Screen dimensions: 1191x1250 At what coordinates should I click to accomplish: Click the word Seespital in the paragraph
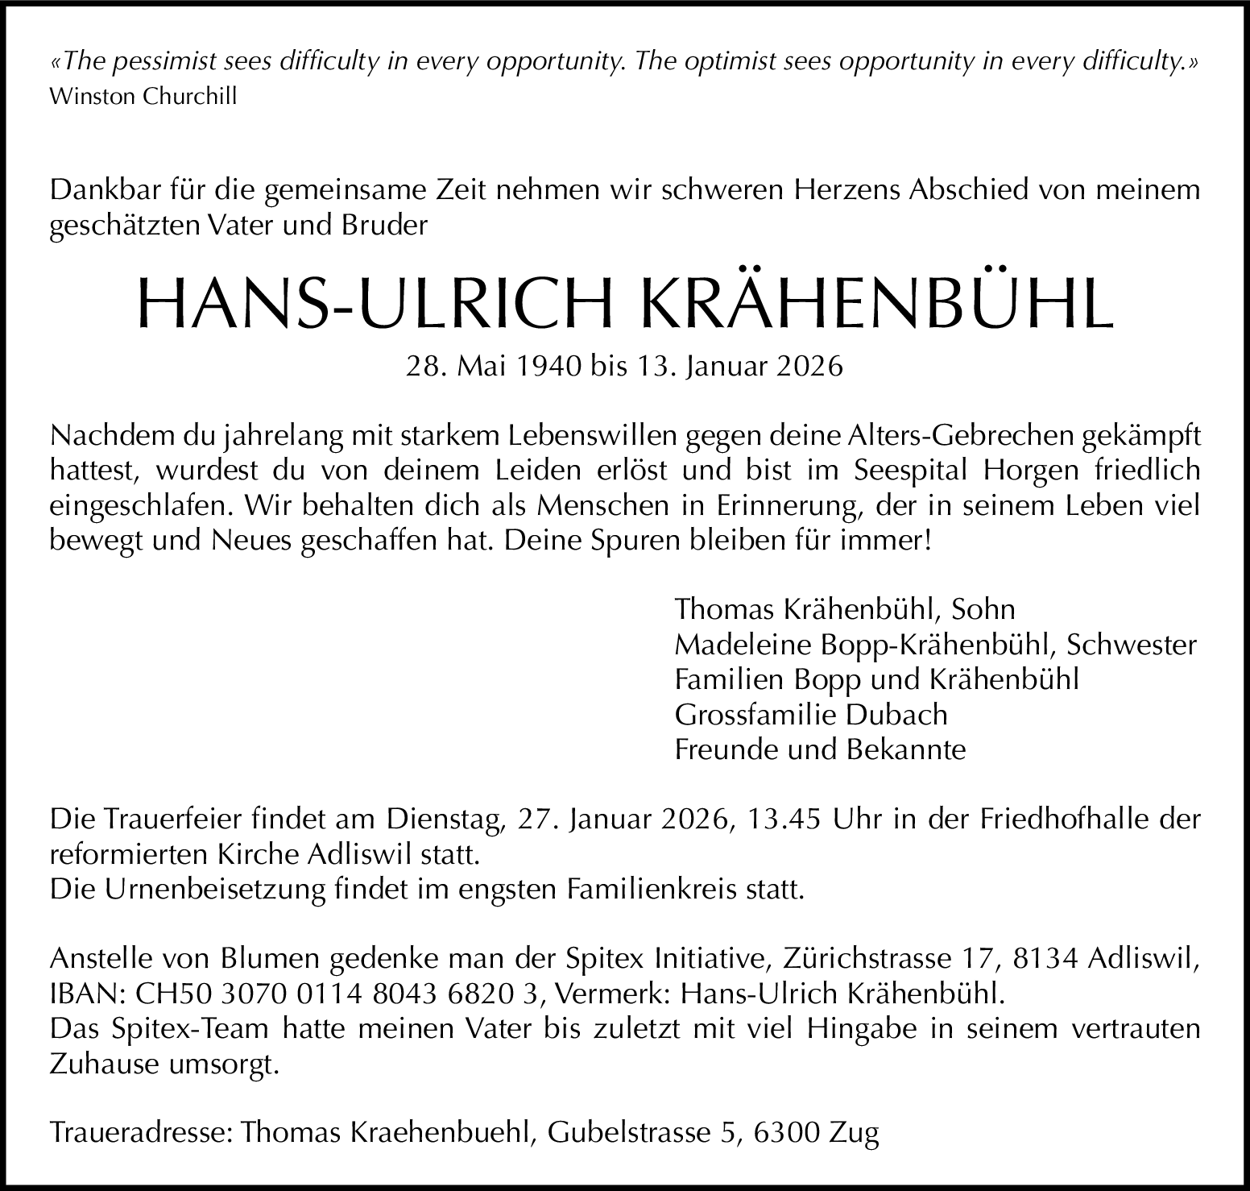click(x=912, y=470)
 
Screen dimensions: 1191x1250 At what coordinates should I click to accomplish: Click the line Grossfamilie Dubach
click(x=811, y=715)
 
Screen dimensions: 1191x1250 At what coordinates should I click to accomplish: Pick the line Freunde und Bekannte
click(x=820, y=750)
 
